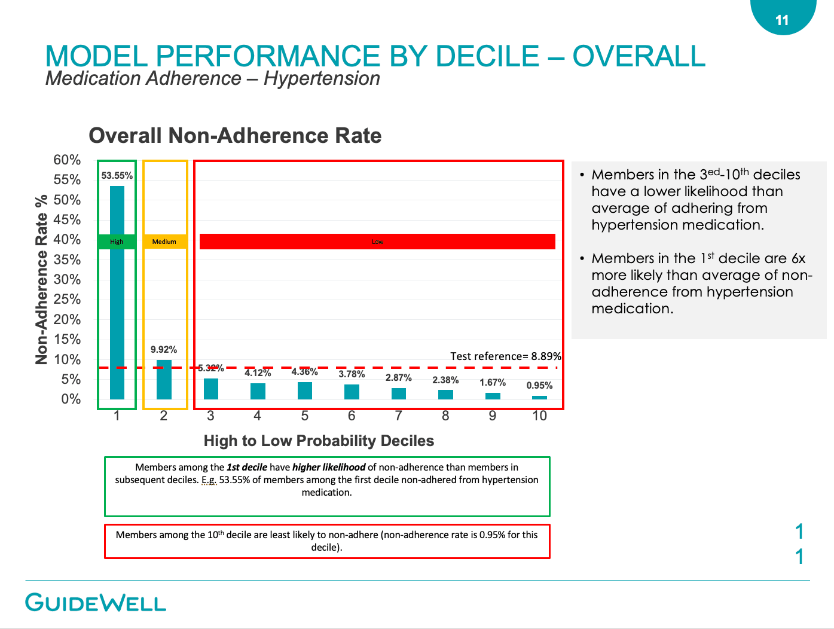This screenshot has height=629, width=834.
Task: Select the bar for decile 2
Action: coord(164,380)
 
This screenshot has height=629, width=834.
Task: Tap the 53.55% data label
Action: coord(117,176)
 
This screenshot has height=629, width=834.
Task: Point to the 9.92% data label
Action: coord(164,350)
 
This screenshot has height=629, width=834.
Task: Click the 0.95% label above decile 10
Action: coord(539,386)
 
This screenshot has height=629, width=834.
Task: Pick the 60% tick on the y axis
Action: coord(67,160)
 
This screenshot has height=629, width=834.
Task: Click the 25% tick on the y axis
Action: coord(67,300)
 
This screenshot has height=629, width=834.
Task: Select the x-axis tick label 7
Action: coord(399,416)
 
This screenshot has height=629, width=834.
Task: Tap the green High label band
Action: coord(117,242)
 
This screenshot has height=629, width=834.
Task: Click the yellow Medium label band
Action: coord(164,242)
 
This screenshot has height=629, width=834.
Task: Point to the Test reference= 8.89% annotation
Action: coord(505,356)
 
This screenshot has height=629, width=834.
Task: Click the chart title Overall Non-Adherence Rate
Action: coord(235,136)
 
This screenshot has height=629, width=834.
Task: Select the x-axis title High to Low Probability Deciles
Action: coord(319,441)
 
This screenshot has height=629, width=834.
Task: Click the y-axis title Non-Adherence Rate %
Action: coord(41,279)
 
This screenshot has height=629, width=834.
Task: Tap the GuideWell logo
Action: coord(96,602)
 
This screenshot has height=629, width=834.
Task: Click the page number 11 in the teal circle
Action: coord(782,20)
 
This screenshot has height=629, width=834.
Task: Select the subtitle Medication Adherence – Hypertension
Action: coord(213,78)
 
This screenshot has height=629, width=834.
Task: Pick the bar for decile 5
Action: coord(305,391)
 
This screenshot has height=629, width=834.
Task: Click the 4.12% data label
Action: coord(258,373)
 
